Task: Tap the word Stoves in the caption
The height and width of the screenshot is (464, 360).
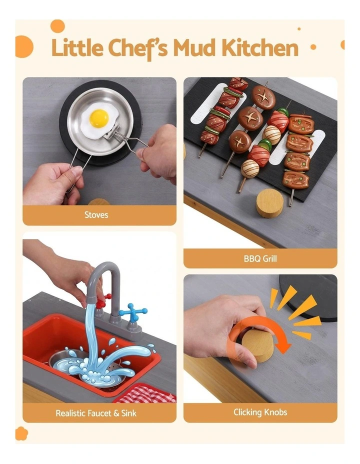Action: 96,214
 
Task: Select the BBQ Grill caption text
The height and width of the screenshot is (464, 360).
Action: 260,258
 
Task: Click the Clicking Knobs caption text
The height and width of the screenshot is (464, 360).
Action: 260,412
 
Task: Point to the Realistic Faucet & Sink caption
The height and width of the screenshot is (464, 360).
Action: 96,413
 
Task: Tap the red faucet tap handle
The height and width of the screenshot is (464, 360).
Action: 102,300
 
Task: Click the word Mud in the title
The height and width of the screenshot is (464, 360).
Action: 194,48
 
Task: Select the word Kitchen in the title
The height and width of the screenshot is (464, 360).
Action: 260,47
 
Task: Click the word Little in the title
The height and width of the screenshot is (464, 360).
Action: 77,47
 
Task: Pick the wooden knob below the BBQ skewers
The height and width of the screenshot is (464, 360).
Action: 269,203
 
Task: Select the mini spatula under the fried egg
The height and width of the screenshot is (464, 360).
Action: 111,131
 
